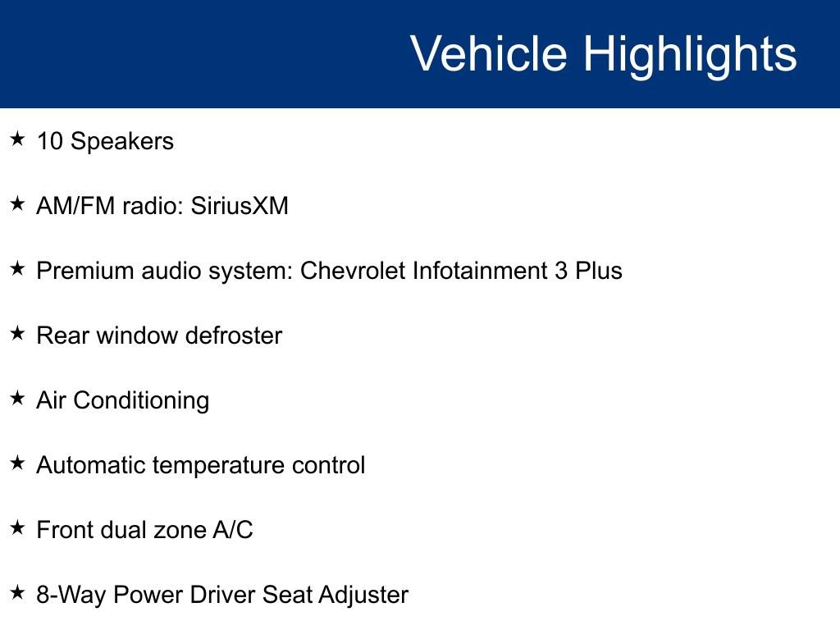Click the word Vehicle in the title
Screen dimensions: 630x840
[488, 54]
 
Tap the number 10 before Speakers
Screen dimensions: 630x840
[49, 141]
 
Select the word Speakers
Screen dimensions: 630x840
[122, 141]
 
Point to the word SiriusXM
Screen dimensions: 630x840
[240, 206]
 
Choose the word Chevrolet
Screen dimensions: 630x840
[354, 271]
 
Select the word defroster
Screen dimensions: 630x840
[234, 336]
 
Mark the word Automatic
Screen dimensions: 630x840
[90, 466]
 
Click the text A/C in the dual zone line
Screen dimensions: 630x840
[233, 530]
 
